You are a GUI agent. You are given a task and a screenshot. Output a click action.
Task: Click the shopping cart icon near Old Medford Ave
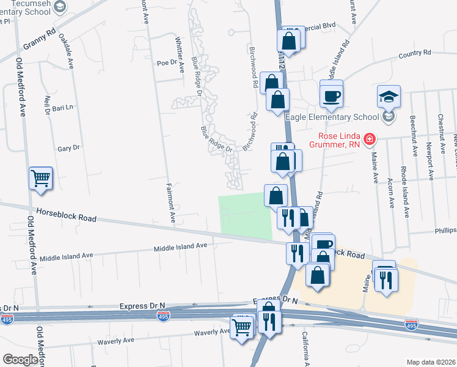pyautogui.click(x=41, y=179)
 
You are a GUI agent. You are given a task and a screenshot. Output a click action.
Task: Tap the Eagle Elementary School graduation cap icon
pyautogui.click(x=389, y=97)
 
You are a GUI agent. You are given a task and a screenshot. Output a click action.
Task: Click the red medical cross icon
pyautogui.click(x=369, y=140)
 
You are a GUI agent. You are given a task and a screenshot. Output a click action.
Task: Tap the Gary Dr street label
pyautogui.click(x=68, y=148)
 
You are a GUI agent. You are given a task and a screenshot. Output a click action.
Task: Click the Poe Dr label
pyautogui.click(x=166, y=62)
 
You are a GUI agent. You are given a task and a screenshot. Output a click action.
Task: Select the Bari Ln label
pyautogui.click(x=62, y=107)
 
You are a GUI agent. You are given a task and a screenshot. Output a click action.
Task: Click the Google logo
pyautogui.click(x=20, y=360)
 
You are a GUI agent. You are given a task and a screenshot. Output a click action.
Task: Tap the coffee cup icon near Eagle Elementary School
pyautogui.click(x=332, y=96)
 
